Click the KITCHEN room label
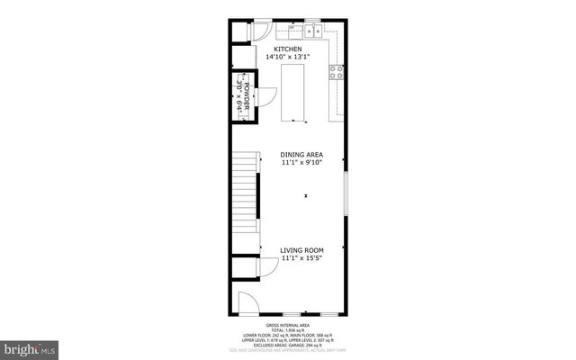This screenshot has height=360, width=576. (x=288, y=49)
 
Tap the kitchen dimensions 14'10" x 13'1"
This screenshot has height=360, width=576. (x=288, y=58)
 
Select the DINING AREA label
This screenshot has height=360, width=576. (x=301, y=155)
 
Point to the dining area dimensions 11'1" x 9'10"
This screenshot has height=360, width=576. (x=301, y=163)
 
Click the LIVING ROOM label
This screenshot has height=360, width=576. (x=301, y=249)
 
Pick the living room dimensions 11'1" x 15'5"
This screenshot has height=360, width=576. (x=301, y=258)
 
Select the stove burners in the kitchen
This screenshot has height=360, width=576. (x=337, y=73)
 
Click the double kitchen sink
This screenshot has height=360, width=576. (x=314, y=31)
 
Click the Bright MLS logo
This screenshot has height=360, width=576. (x=31, y=346)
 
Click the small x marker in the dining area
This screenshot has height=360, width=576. (x=306, y=194)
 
